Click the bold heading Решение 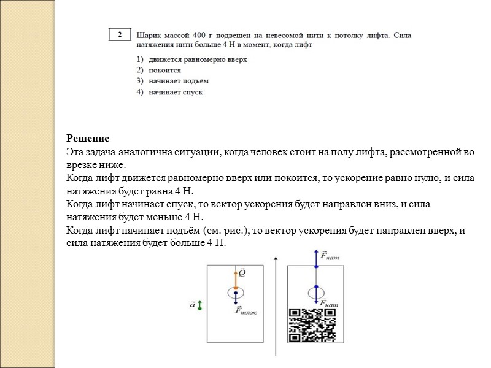point(88,139)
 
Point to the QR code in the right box point(312,324)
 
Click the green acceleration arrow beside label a point(199,304)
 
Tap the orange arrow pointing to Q point(235,277)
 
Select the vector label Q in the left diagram point(242,270)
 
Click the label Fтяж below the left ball point(246,310)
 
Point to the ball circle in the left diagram point(235,293)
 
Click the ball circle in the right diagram point(316,293)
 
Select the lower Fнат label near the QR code point(330,303)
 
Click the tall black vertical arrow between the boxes point(277,307)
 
